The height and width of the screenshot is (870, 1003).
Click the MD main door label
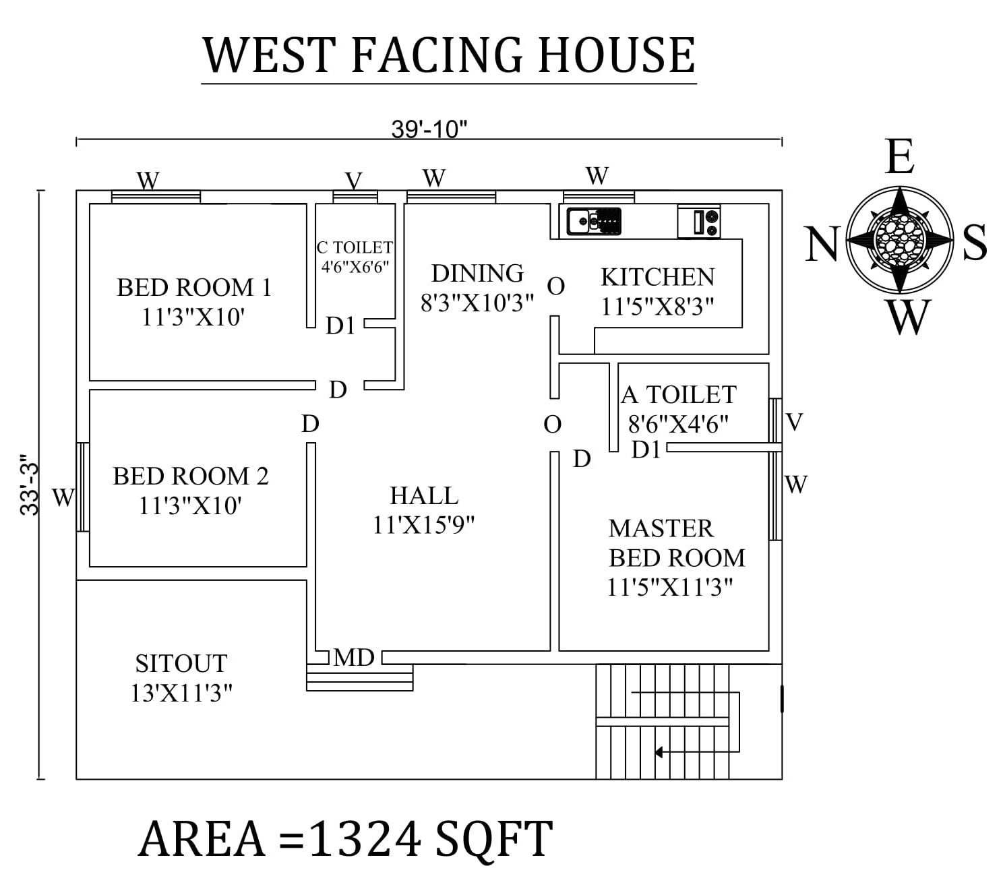(x=353, y=657)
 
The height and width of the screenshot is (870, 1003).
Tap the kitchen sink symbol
(x=593, y=221)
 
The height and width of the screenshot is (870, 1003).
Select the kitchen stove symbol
(x=699, y=222)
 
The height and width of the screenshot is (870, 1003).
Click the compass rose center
(x=899, y=239)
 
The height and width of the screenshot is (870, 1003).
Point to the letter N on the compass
(x=822, y=243)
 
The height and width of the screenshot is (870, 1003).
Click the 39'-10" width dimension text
(x=429, y=129)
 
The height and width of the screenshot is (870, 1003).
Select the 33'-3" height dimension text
(x=30, y=485)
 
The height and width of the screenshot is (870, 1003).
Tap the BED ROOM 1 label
(x=194, y=288)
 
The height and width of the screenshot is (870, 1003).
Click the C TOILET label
(x=355, y=248)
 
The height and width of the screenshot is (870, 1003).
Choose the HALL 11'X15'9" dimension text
(x=423, y=524)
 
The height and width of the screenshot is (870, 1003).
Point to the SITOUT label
(x=181, y=664)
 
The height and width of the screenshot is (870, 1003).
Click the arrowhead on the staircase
(x=659, y=751)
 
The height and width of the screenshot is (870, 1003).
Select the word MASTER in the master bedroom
(x=661, y=528)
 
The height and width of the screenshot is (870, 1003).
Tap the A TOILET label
(x=679, y=395)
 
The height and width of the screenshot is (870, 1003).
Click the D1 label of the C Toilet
(x=340, y=326)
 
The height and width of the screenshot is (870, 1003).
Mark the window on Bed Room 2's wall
(x=82, y=486)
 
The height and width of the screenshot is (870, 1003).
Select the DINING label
(x=477, y=274)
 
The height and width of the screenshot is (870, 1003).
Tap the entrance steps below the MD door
(x=359, y=678)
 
